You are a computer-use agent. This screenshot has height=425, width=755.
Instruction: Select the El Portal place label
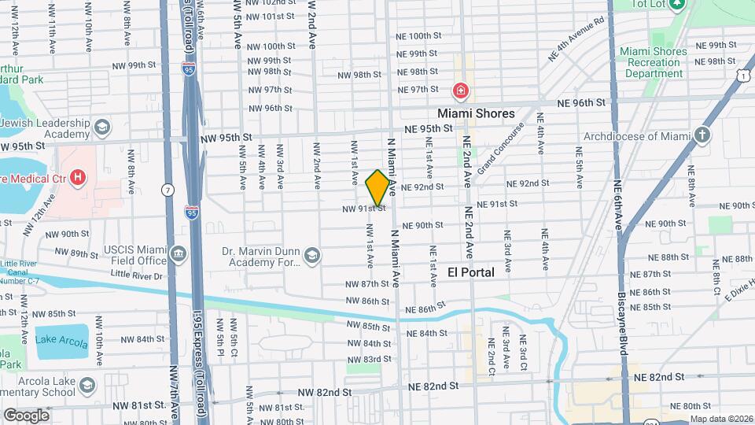point(471,272)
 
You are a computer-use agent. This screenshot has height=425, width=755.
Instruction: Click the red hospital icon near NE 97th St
point(460,91)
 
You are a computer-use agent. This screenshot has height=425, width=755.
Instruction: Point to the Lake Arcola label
point(62,341)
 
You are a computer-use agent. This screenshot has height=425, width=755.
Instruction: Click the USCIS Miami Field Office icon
point(178,254)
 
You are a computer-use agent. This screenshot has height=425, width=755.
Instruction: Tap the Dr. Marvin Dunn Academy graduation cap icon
point(312,254)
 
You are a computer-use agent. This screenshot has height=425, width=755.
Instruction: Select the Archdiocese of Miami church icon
point(702,135)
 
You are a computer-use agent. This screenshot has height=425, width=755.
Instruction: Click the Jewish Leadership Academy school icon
point(101,128)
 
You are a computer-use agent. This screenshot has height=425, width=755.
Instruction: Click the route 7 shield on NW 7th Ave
point(168,190)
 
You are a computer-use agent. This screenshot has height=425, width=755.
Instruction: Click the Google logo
point(26,416)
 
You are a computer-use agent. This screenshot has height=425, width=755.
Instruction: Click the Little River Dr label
point(136,275)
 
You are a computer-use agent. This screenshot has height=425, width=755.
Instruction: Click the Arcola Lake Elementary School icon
point(88,386)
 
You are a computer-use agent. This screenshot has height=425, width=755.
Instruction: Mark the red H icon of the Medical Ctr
point(77,178)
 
